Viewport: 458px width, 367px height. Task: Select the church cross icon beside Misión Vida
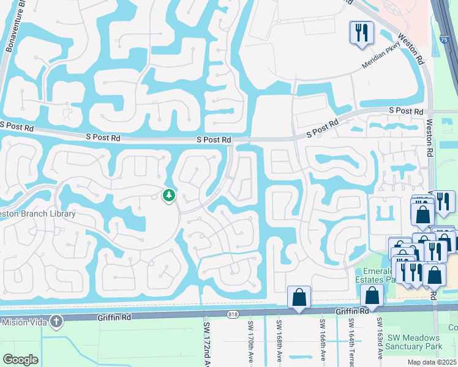coord(56,321)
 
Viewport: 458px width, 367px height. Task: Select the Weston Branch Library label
coord(38,213)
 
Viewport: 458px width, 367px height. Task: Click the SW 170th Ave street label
coord(250,339)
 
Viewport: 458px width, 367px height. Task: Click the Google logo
coord(20,360)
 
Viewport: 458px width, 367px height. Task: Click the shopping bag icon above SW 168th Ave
coord(299,298)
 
